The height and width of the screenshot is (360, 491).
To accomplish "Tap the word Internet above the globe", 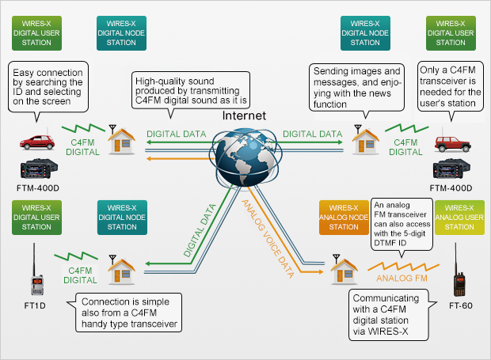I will (x=242, y=116).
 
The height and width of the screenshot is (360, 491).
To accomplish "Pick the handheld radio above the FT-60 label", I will (x=459, y=274).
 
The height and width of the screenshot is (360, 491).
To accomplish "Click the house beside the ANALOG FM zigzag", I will (x=343, y=271).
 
